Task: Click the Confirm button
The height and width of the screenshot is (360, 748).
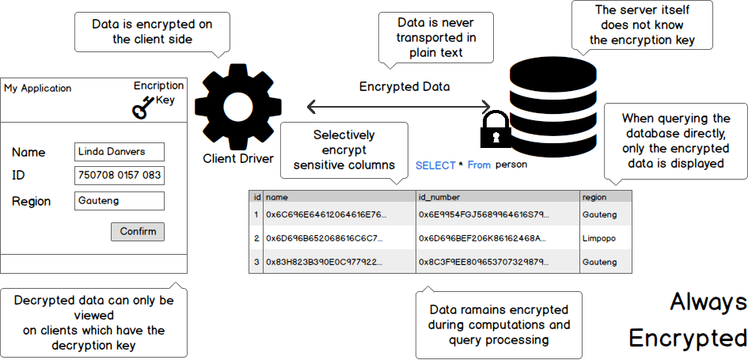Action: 138,232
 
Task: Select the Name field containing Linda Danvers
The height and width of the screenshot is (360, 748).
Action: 120,152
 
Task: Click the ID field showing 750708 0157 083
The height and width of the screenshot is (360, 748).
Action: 120,176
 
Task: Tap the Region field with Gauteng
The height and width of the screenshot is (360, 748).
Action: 120,201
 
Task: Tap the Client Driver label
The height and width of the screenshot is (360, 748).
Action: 238,158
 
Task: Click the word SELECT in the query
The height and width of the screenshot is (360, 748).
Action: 435,165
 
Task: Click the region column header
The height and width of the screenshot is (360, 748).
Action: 594,196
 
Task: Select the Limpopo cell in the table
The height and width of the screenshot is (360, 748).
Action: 599,238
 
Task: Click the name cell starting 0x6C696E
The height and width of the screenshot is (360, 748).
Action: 326,214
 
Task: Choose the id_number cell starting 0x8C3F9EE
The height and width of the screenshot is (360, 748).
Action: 482,262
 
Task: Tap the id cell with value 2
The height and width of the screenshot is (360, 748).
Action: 256,238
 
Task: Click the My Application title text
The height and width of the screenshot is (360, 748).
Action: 37,89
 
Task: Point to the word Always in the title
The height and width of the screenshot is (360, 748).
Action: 708,302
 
